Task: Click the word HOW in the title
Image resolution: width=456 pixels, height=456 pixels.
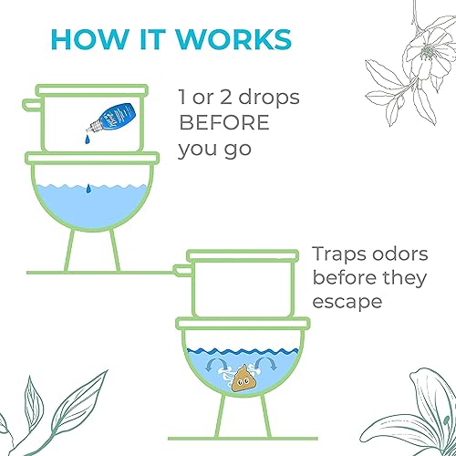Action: click(79, 40)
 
